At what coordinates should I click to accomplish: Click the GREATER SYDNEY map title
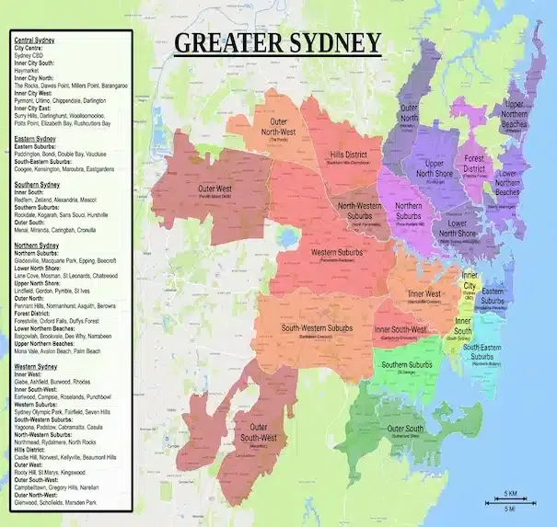[277, 43]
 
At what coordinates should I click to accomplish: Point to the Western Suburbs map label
[335, 253]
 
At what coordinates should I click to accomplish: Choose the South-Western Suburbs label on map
[317, 328]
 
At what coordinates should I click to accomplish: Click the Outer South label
[405, 430]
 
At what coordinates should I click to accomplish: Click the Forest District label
[474, 163]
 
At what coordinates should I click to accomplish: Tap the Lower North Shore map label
[450, 226]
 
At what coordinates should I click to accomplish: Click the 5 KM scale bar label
[509, 493]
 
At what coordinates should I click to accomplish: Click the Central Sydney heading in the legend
[35, 41]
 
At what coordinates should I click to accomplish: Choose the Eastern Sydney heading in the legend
[36, 139]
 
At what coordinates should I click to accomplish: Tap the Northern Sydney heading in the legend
[37, 246]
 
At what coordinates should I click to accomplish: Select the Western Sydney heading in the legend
[36, 366]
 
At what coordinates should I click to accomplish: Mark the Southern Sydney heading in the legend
[37, 184]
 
